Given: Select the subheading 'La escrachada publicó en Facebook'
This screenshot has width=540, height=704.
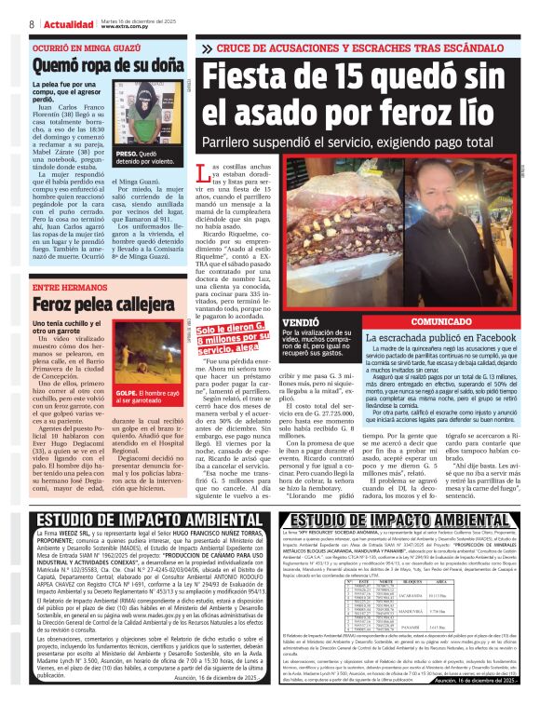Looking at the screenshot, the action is (441, 336).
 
